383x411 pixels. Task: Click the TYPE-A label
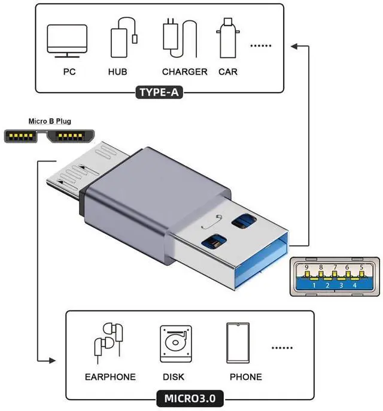pos(159,92)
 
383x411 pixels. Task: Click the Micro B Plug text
pos(50,121)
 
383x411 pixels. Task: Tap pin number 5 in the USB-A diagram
pos(361,267)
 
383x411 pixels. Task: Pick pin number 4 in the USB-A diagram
pos(355,285)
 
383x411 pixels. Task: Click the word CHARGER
pos(184,72)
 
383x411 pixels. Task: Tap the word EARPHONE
pos(110,377)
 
